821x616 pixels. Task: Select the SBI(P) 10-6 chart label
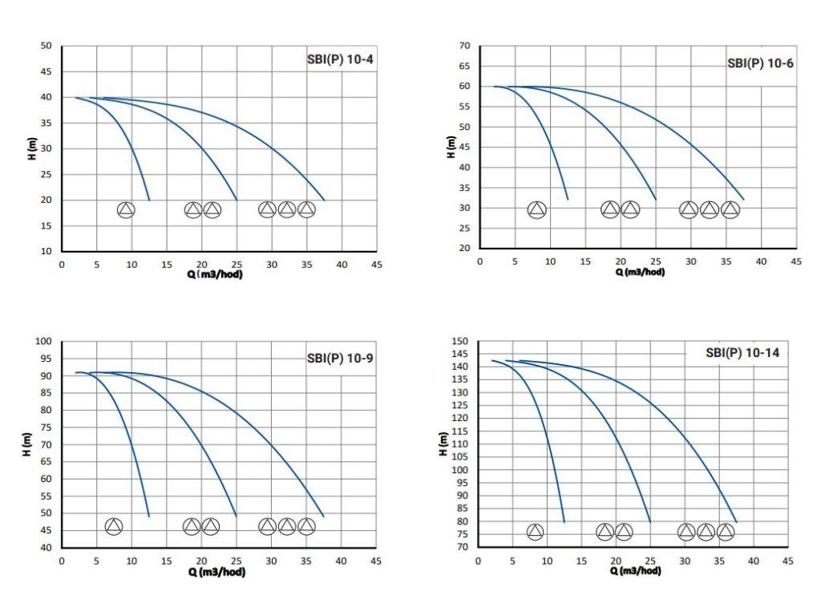[760, 63]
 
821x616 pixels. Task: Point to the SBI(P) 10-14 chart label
[742, 352]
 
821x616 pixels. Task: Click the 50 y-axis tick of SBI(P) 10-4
[47, 46]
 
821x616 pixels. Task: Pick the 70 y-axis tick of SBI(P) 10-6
[464, 46]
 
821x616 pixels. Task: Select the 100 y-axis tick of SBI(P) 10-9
[44, 342]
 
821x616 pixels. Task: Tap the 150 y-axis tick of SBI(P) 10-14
[459, 342]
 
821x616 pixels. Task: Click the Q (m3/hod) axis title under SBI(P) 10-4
[216, 274]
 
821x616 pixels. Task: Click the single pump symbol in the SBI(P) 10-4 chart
[126, 210]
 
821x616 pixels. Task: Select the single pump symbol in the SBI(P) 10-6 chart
[537, 210]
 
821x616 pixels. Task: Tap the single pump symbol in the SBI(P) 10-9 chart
[114, 526]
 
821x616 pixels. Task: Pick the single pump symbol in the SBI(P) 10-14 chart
[535, 532]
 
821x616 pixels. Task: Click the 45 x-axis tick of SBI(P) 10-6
[795, 261]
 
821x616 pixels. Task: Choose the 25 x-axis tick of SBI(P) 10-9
[237, 561]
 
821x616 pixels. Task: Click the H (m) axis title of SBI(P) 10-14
[444, 444]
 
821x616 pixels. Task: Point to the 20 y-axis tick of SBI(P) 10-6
[464, 249]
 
